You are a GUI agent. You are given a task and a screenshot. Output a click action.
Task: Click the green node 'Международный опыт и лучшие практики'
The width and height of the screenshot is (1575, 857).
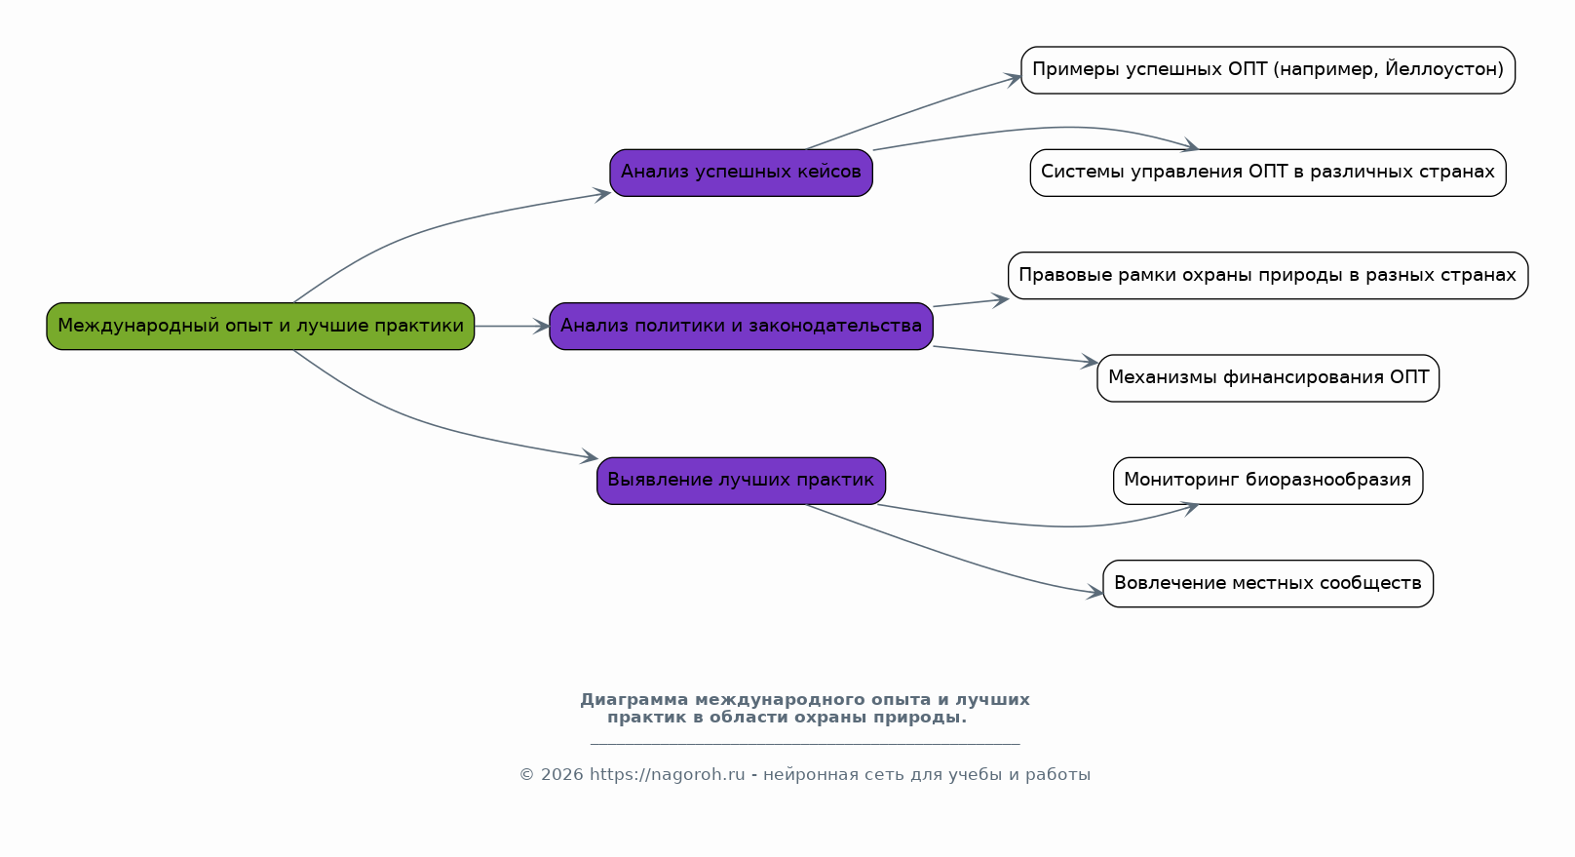(x=260, y=326)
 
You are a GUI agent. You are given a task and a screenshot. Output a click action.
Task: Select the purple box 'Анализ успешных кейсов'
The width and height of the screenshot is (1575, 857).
(x=741, y=173)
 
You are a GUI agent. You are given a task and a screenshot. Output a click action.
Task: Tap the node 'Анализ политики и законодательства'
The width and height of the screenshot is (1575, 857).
(x=741, y=326)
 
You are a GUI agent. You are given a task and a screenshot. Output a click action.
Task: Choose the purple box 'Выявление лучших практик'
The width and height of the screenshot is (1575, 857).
(x=741, y=481)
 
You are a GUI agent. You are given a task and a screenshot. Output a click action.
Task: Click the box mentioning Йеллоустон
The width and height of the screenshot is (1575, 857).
(x=1268, y=70)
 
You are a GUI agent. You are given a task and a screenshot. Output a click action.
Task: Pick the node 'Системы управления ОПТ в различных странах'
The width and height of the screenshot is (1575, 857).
(x=1268, y=173)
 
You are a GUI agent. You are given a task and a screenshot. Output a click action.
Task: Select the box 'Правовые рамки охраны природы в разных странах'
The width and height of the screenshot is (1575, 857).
(x=1268, y=275)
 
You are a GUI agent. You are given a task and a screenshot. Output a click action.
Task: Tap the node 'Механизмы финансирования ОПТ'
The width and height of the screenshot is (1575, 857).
(x=1268, y=378)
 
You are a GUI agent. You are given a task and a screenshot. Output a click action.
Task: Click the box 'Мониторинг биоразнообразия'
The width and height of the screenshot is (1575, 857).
(x=1268, y=481)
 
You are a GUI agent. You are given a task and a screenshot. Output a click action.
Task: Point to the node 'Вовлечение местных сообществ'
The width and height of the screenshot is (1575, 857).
(x=1268, y=583)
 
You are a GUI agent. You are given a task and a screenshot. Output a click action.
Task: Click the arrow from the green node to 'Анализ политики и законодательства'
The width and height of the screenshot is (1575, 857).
(x=512, y=326)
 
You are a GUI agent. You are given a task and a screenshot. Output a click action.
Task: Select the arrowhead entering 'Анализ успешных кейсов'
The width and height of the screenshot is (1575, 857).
(x=603, y=193)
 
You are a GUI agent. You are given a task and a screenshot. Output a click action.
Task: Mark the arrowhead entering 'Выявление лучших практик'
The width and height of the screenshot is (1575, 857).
(x=591, y=456)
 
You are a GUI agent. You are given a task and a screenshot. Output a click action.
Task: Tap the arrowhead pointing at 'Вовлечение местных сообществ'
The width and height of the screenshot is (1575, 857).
(x=1095, y=592)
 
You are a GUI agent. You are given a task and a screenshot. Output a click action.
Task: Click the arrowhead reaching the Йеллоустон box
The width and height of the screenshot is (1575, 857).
(x=1014, y=78)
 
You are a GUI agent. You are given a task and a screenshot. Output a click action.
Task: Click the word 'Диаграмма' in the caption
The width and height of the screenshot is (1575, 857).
(x=634, y=699)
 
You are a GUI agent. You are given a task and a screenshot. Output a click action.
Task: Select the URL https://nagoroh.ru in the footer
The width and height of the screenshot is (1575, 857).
(x=668, y=775)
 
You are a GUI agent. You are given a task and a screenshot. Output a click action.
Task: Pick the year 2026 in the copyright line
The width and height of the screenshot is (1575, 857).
(x=561, y=775)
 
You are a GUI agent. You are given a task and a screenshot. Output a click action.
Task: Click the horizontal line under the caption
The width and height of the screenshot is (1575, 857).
(x=805, y=743)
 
